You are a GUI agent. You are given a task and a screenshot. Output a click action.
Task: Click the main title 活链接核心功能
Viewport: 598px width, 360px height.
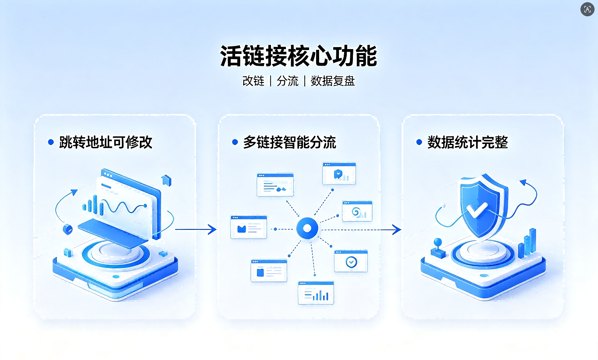(299, 56)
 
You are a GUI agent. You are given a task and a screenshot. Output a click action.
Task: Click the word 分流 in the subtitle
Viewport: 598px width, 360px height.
(288, 81)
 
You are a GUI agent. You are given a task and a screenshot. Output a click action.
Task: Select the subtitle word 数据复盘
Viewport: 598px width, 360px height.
(333, 81)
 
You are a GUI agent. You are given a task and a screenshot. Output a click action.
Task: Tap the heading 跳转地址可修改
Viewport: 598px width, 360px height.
(106, 142)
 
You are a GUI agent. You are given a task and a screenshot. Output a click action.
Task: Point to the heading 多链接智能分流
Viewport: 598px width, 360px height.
(290, 142)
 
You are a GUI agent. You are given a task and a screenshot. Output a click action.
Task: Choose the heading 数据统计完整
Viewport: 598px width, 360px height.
(467, 142)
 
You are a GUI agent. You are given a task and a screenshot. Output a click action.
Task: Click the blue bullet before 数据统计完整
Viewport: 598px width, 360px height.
(419, 142)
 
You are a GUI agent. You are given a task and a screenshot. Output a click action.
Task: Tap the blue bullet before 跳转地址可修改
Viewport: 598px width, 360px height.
(51, 142)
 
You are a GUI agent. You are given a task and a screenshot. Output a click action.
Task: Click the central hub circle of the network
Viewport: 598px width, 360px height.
(307, 228)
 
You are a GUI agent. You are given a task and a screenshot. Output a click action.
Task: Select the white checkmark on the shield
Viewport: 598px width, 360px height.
(477, 210)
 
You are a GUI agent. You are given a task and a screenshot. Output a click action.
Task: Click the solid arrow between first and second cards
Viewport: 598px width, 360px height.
(196, 229)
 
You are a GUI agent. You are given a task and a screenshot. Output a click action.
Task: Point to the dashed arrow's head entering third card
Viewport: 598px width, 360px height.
(396, 229)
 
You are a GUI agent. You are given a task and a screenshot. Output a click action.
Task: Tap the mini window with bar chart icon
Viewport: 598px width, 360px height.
(316, 293)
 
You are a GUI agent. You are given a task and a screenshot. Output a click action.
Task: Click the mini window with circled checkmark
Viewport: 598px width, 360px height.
(351, 260)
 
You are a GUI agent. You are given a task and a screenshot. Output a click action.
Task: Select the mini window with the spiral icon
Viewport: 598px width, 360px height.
(357, 211)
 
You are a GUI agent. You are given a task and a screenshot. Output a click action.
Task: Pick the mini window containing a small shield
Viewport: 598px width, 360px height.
(339, 173)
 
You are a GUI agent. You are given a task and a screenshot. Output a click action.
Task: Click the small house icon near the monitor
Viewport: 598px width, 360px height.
(166, 180)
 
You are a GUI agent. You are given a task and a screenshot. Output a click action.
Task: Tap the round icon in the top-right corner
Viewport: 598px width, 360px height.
(587, 9)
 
